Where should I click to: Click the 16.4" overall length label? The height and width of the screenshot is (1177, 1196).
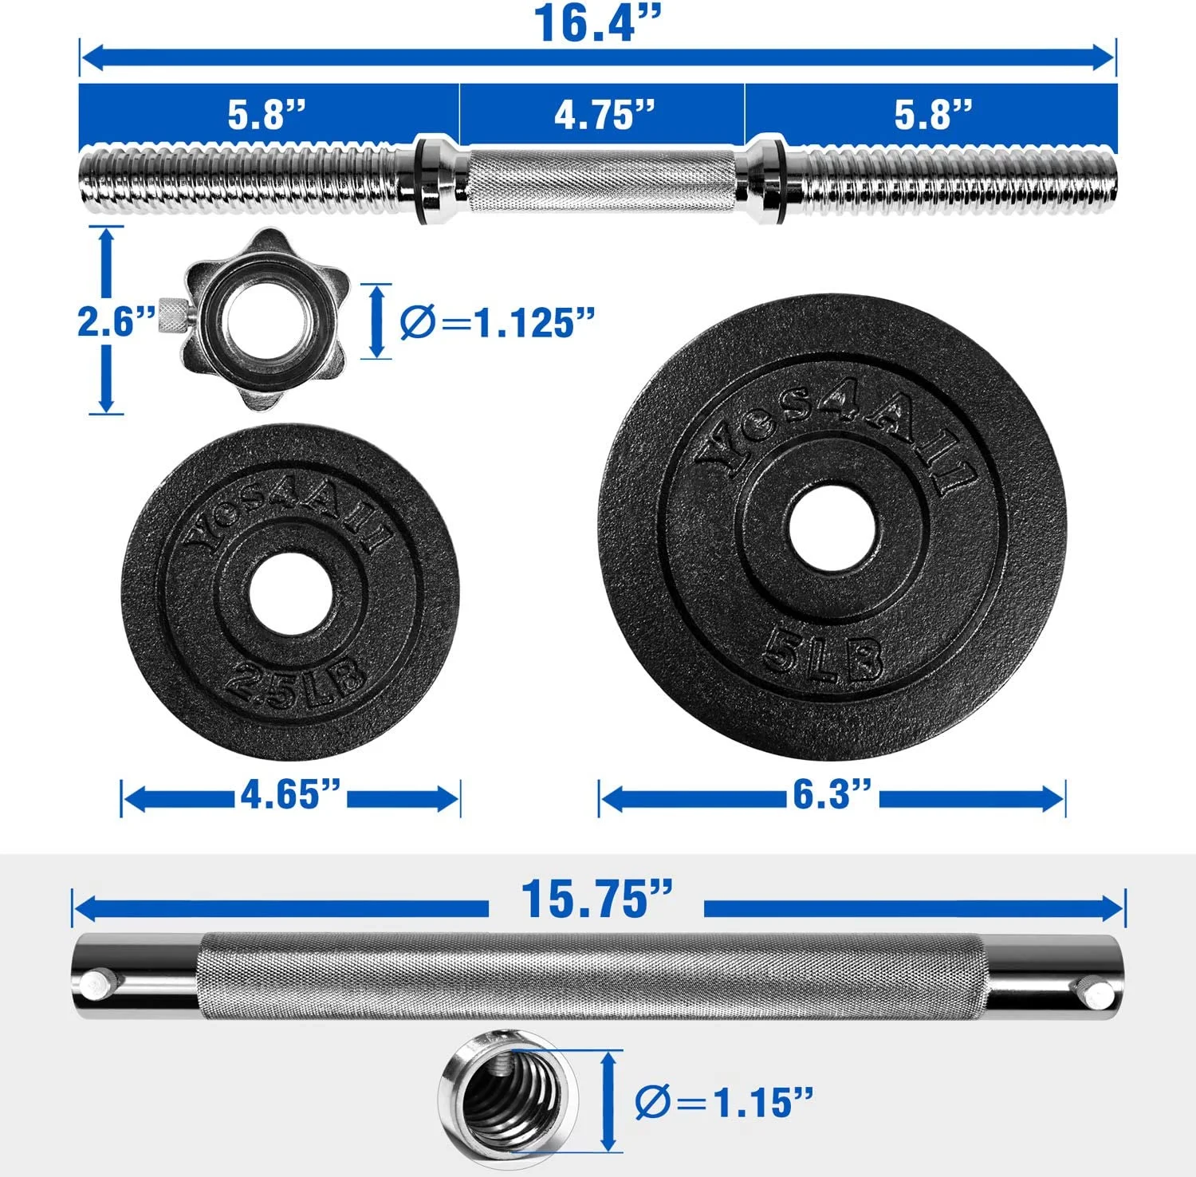click(597, 23)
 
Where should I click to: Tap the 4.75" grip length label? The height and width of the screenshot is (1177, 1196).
click(604, 115)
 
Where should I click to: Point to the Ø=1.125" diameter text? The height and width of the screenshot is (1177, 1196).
click(497, 322)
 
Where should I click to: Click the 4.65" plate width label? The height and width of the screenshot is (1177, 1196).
click(291, 794)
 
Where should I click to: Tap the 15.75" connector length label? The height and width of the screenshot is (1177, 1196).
click(596, 899)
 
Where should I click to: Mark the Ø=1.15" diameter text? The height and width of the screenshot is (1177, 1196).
click(724, 1102)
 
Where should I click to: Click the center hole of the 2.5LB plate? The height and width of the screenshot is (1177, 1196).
click(290, 594)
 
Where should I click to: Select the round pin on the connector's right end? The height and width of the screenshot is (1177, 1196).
click(1100, 994)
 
